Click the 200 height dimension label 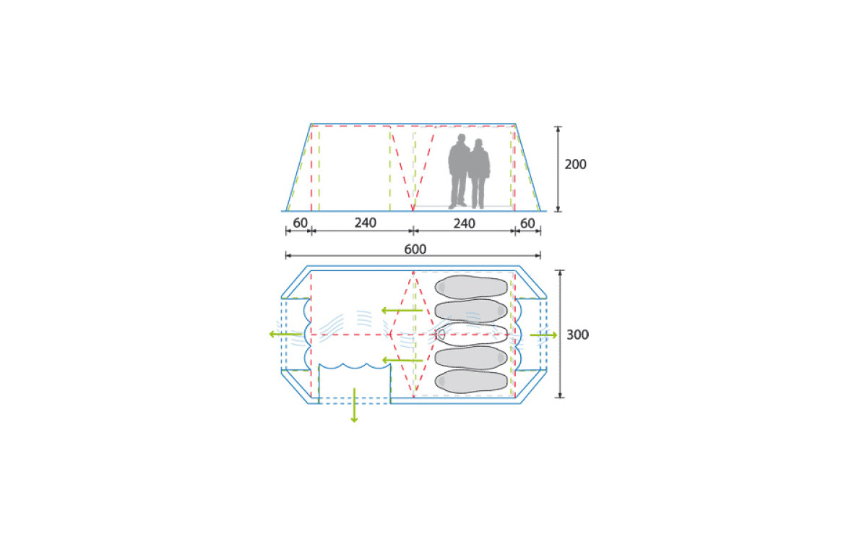tap(575, 165)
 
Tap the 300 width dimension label tap(577, 335)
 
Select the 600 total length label tap(415, 249)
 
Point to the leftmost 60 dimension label tap(300, 223)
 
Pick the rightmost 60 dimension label tap(527, 223)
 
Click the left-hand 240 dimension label tap(366, 223)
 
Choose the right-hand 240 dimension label tap(464, 224)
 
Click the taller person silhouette tap(459, 171)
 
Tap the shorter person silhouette tap(480, 174)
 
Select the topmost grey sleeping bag tap(471, 287)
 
